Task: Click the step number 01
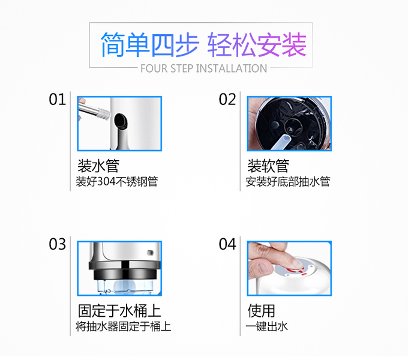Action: tap(57, 100)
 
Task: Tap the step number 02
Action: tap(227, 100)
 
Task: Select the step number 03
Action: tap(57, 244)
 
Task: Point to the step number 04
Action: tap(227, 244)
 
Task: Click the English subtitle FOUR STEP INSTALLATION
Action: tap(204, 68)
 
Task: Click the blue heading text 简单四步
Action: tap(149, 44)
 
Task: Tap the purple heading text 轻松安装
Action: tap(257, 44)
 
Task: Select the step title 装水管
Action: tap(98, 166)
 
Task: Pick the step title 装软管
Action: tap(268, 166)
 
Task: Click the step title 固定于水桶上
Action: tap(119, 311)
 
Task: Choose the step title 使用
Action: tap(261, 311)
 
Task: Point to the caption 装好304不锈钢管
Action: tap(117, 182)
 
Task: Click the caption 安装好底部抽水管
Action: tap(288, 182)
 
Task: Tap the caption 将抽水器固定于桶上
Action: tap(124, 326)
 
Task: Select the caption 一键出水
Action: tap(267, 326)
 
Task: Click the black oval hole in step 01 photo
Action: tap(121, 121)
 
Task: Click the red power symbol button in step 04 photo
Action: tap(295, 270)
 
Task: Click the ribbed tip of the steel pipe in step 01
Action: tap(103, 113)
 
